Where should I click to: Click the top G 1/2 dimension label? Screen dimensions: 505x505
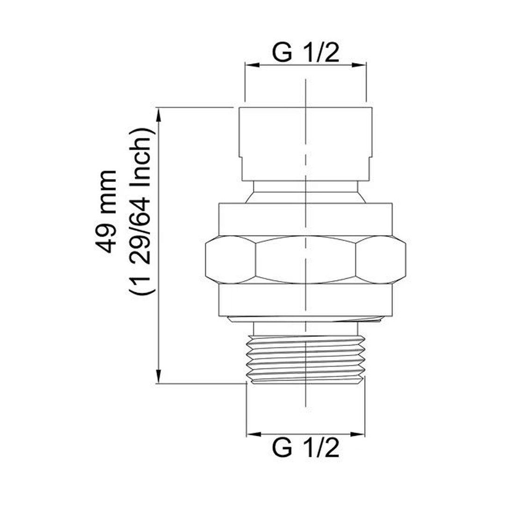[305, 53]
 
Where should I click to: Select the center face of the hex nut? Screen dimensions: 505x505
[305, 260]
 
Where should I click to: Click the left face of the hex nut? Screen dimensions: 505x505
[231, 260]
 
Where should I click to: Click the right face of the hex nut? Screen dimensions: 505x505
[381, 260]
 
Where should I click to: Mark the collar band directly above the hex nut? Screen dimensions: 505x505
[305, 219]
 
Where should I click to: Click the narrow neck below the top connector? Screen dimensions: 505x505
[305, 192]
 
